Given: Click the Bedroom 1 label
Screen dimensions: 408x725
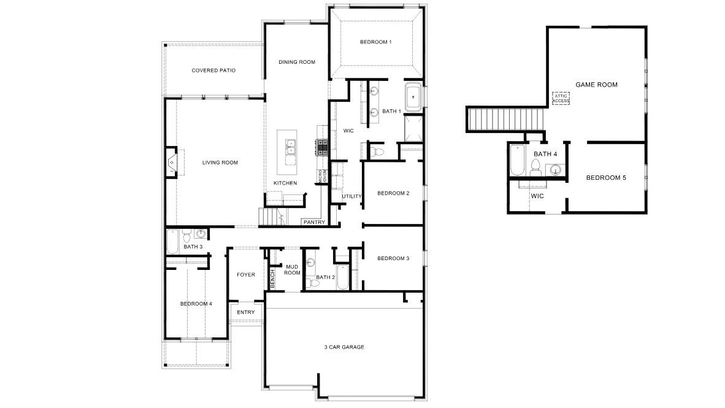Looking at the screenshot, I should pos(375,42).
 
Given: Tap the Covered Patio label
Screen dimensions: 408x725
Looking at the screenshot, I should pos(213,70).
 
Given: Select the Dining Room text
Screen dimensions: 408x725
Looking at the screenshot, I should pos(297,62).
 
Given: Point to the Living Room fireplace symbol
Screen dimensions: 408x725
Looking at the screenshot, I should pos(172,162).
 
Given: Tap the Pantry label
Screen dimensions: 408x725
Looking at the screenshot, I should pos(313,222).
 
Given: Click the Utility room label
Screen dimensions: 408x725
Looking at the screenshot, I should pos(352,196).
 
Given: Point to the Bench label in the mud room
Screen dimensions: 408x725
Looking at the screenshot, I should pos(273,279).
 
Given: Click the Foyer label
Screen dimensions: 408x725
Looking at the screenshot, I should pos(246,274).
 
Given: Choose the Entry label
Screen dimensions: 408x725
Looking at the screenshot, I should pos(245,312).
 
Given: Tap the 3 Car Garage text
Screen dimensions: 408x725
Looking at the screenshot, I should pos(344,347).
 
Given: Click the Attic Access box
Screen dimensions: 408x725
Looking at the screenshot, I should pos(561,98).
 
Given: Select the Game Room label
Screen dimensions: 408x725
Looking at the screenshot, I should pos(596,85).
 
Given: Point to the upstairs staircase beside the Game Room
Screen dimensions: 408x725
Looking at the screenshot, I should pos(507,118).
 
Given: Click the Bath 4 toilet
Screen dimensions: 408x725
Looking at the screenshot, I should pos(535,166).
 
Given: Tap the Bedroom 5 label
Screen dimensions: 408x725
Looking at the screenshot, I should pos(606,178).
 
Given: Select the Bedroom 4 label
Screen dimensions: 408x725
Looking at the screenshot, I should pos(196,304).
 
